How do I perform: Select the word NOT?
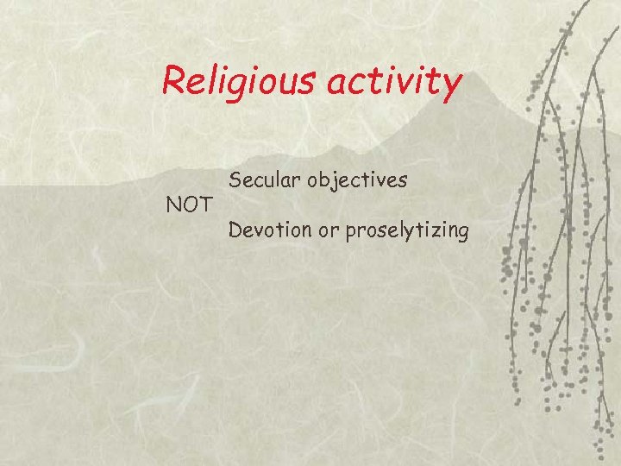coord(188,205)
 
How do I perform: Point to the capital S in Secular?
coord(235,180)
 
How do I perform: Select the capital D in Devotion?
coord(235,230)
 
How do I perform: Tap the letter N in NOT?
coord(172,205)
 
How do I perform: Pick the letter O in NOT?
coord(188,205)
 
